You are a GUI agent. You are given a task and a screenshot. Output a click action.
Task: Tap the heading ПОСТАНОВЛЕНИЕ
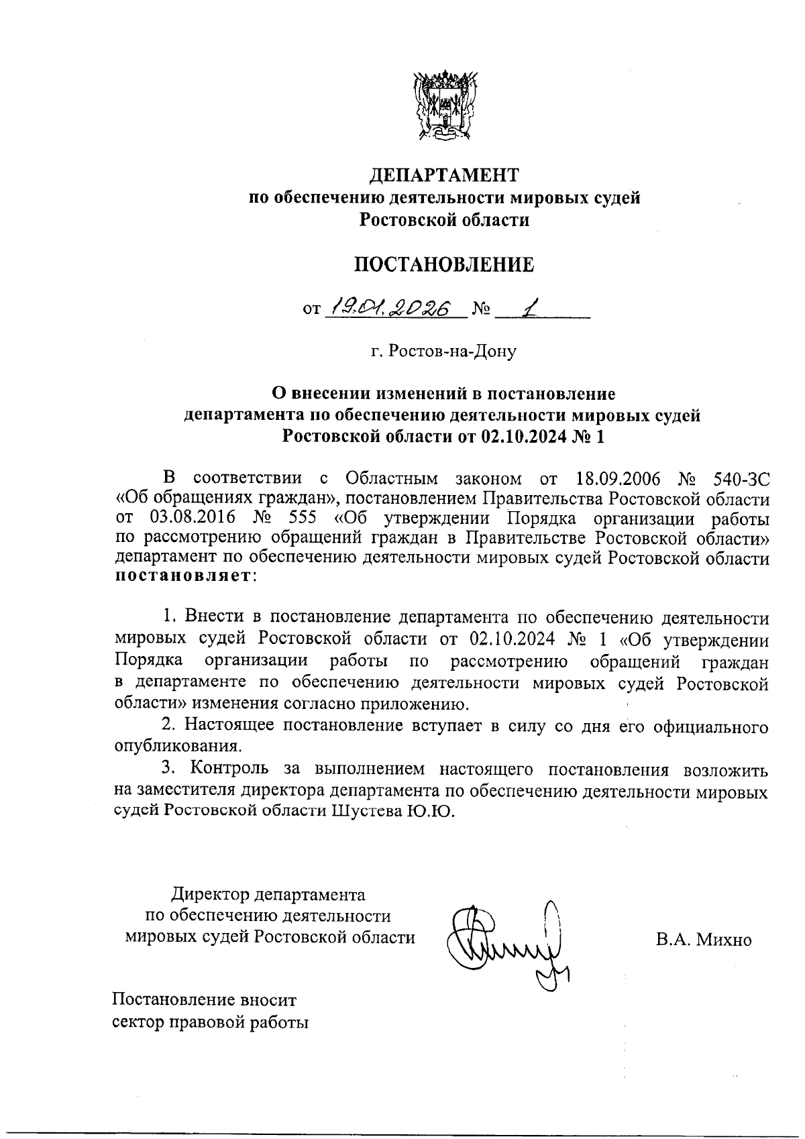pyautogui.click(x=445, y=265)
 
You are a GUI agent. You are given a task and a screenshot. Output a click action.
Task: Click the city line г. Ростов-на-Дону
pyautogui.click(x=445, y=351)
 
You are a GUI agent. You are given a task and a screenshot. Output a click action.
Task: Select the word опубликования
pyautogui.click(x=176, y=746)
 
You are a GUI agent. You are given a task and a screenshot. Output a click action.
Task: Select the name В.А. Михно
pyautogui.click(x=704, y=939)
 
